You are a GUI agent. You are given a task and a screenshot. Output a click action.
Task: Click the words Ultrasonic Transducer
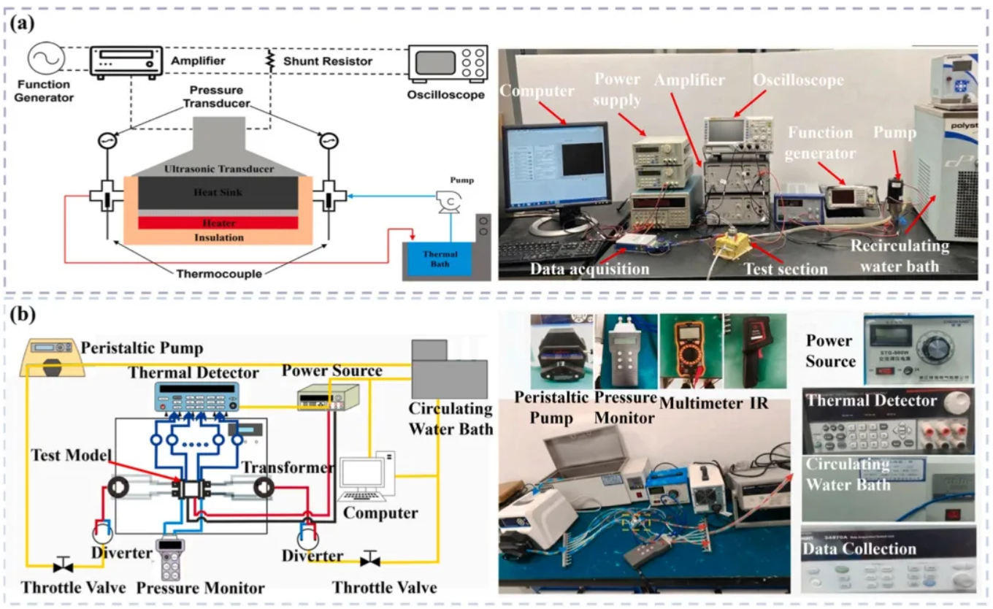point(219,169)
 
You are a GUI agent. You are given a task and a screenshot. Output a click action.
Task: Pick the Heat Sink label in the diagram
point(219,192)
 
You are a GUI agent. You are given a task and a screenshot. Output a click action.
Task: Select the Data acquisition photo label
point(589,269)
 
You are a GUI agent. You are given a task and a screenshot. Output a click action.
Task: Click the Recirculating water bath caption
point(899,256)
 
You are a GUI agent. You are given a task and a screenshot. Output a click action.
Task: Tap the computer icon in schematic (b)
point(367,478)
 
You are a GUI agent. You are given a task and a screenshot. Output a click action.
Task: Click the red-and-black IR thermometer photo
point(754,351)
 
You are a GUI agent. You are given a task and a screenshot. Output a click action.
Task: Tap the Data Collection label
point(849,548)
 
